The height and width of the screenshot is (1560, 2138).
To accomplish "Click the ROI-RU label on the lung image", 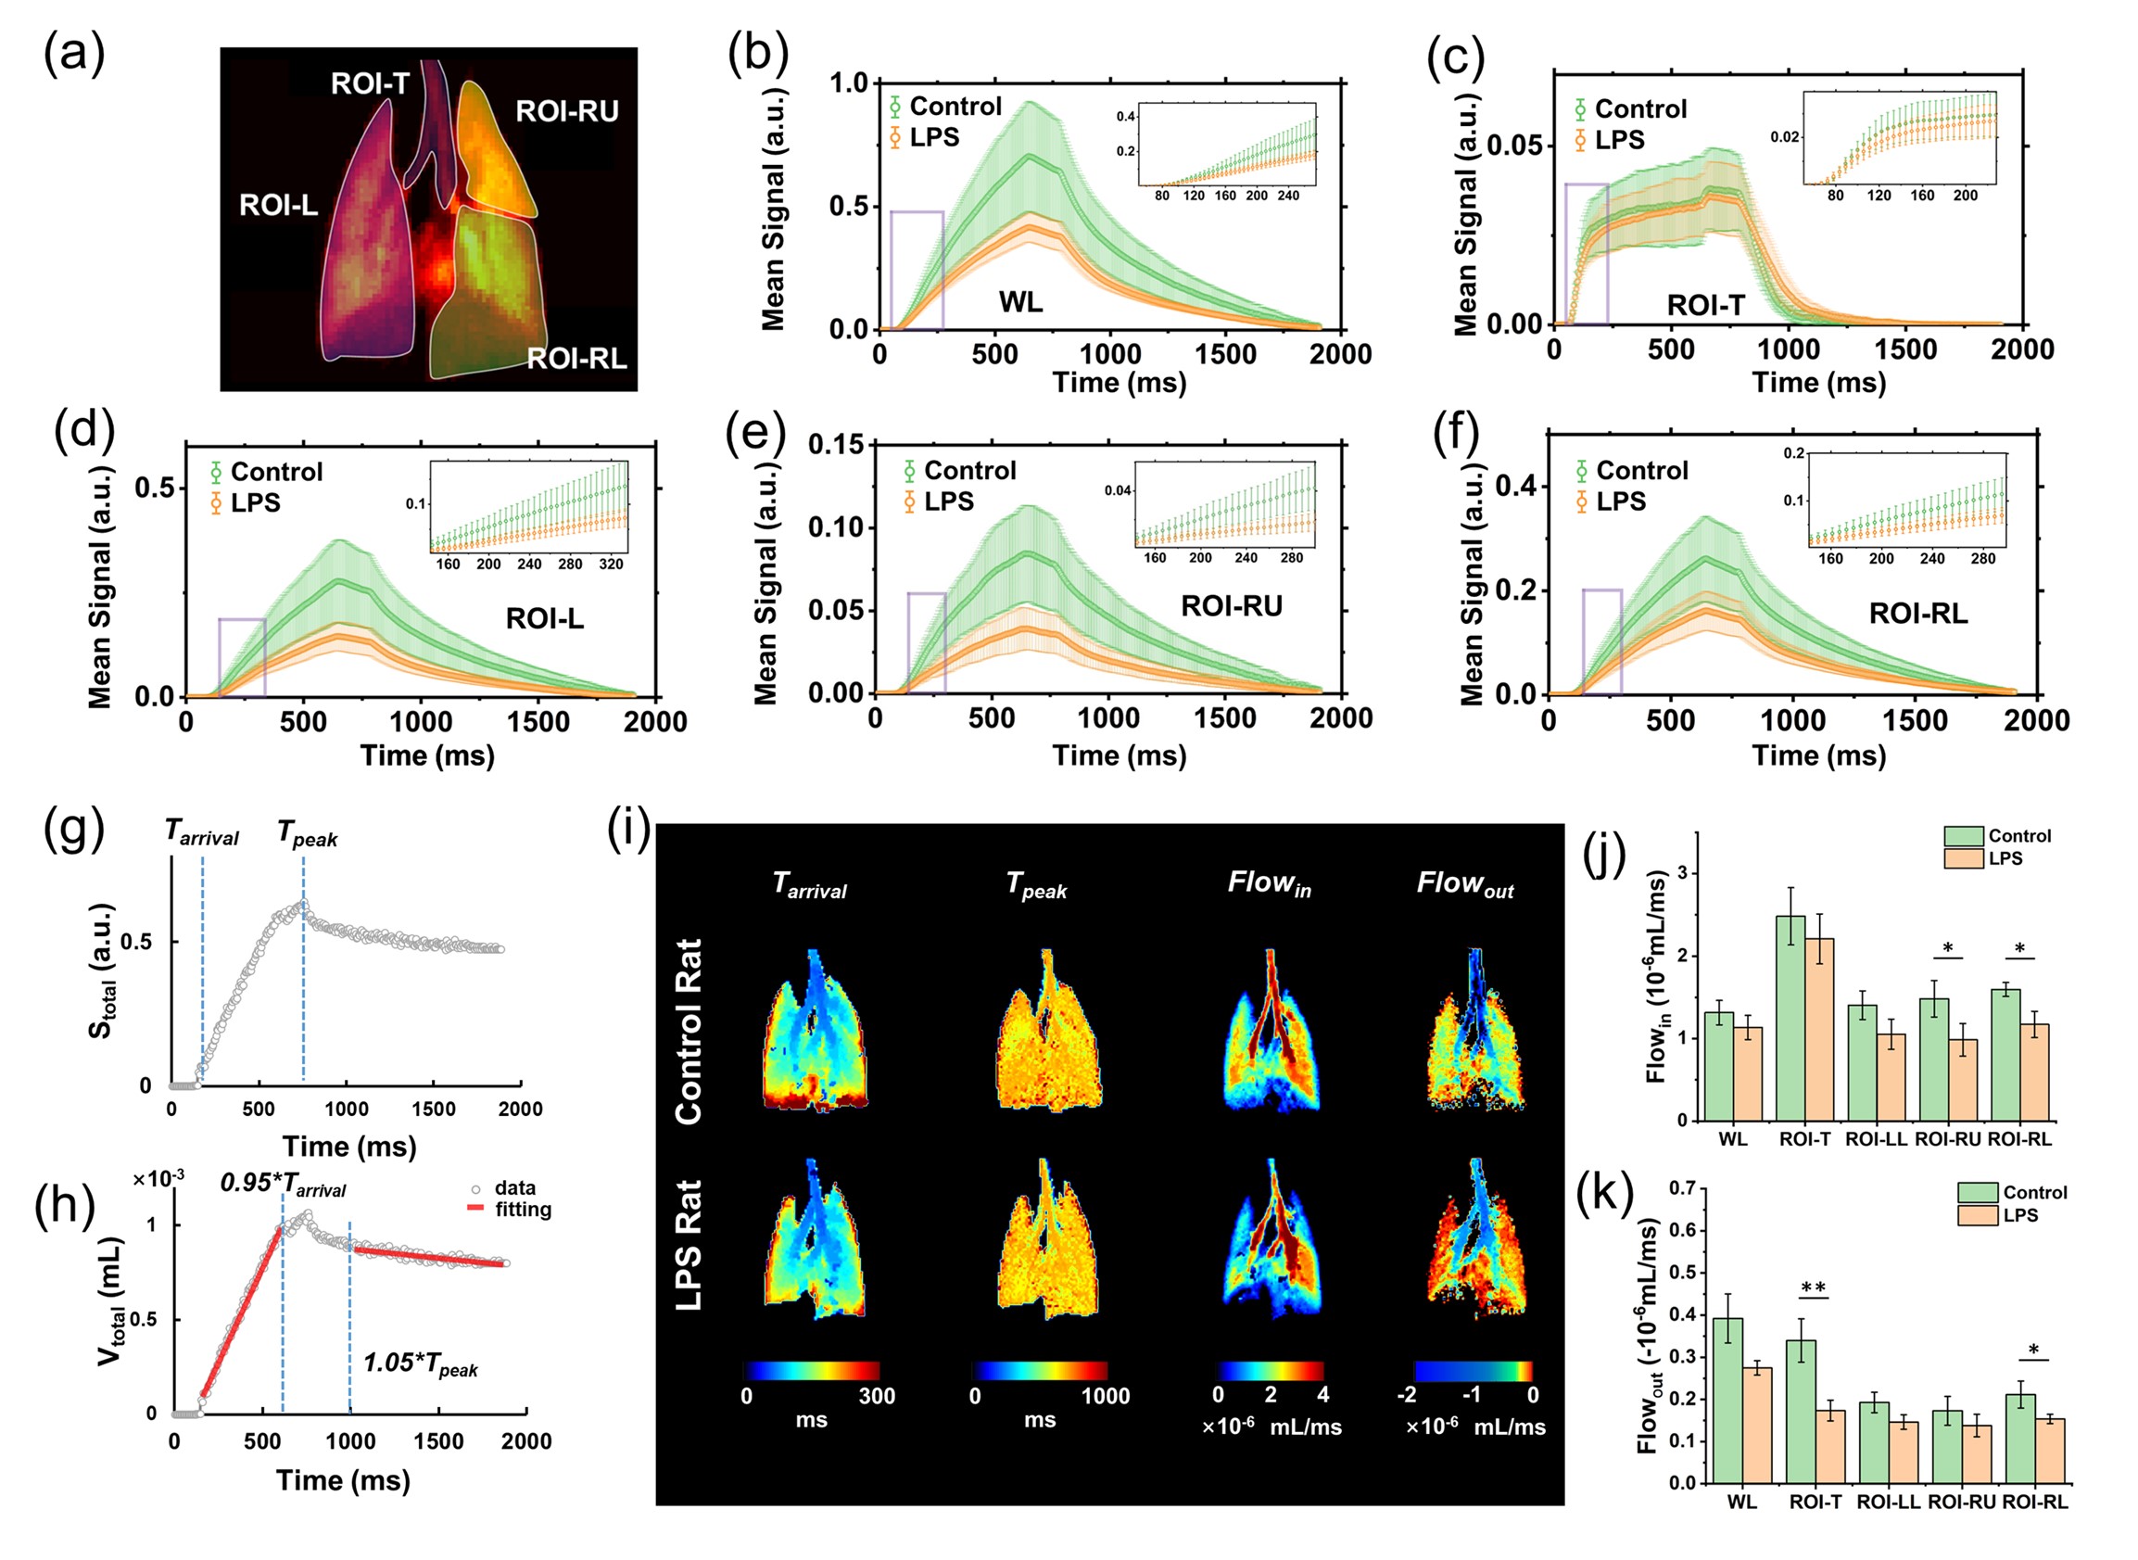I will coord(566,111).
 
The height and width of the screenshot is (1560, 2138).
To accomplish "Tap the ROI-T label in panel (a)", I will coord(369,84).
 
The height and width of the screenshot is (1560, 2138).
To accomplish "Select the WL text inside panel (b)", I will coord(1020,302).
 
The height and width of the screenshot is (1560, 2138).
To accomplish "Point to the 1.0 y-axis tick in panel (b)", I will coord(849,83).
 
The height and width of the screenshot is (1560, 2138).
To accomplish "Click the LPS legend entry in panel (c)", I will coord(1619,140).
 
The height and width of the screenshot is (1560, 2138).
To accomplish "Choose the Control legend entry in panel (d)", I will coord(275,471).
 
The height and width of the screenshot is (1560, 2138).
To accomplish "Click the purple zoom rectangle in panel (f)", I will coord(1601,642).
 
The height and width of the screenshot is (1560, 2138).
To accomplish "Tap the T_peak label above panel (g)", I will coord(307,834).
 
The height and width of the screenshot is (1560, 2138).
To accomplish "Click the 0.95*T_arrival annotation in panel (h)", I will coord(283,1185).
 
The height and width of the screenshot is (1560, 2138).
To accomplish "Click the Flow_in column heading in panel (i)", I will coord(1269,884).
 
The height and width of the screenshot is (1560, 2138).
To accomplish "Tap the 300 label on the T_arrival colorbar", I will coord(876,1396).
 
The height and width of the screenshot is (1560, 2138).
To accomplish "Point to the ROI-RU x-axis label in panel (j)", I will coord(1947,1140).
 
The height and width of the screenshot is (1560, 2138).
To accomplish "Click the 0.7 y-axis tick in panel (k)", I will coord(1682,1188).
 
